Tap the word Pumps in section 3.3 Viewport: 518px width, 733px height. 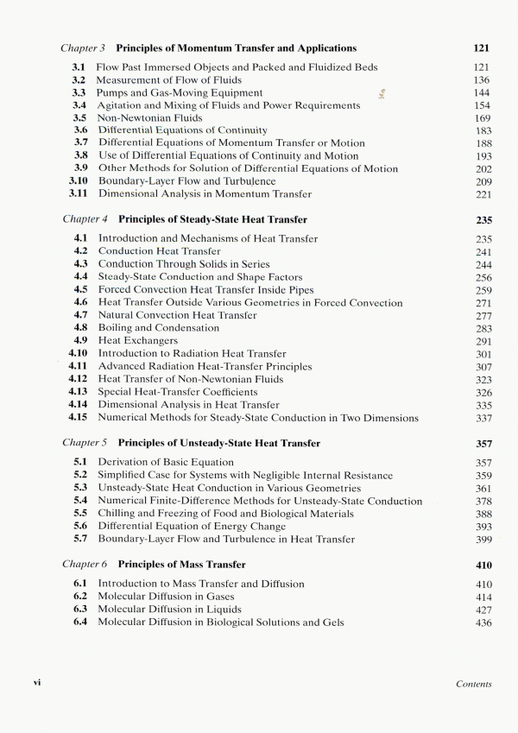click(112, 93)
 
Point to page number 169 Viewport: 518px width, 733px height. click(483, 118)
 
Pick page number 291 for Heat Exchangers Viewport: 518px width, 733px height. click(483, 341)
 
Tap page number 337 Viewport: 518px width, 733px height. click(483, 419)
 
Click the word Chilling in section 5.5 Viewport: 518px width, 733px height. click(120, 514)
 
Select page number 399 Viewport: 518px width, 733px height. click(483, 540)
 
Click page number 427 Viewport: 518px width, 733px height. click(483, 610)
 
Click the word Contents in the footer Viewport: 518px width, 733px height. click(472, 684)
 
